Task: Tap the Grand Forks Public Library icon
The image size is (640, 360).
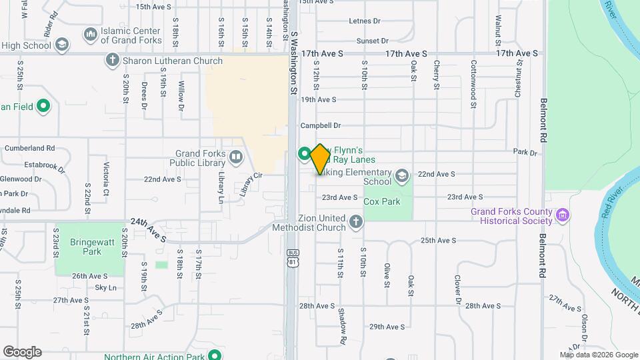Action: click(x=235, y=158)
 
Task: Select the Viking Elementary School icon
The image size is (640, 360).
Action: click(x=401, y=175)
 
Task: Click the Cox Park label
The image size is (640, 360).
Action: click(x=382, y=201)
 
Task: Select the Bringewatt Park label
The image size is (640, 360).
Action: click(x=86, y=247)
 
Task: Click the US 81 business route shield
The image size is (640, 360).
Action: click(x=292, y=257)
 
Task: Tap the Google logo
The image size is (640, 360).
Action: click(x=22, y=351)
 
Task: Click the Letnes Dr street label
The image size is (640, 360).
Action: click(x=365, y=21)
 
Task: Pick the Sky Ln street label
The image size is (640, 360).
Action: click(x=105, y=288)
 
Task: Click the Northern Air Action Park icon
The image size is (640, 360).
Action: click(x=215, y=355)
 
